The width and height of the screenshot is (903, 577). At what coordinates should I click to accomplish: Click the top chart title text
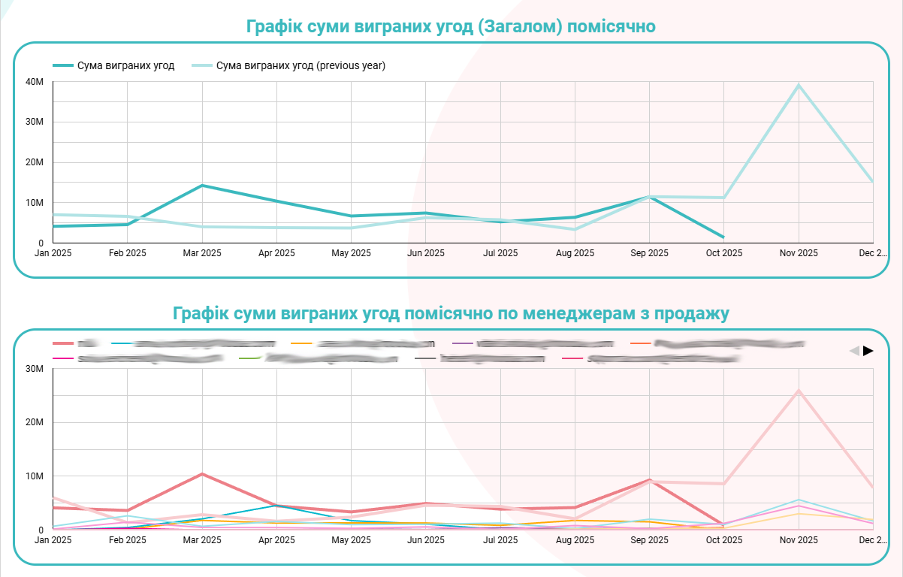[x=451, y=27]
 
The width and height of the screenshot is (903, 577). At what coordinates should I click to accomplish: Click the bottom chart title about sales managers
[x=451, y=313]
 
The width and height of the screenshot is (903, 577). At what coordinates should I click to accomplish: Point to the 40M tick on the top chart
[x=35, y=81]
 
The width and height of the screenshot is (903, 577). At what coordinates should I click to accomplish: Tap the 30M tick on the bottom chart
[x=35, y=369]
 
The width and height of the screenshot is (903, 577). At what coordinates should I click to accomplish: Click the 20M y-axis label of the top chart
[x=35, y=162]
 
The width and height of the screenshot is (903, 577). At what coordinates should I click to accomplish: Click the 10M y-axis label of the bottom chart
[x=35, y=476]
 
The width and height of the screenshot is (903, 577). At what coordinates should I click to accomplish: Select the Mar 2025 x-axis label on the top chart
[x=202, y=253]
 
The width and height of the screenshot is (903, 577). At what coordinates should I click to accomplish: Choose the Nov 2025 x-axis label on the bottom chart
[x=798, y=540]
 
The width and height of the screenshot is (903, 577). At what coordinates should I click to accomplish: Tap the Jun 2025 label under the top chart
[x=425, y=253]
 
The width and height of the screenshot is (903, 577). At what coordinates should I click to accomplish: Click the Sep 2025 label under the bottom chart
[x=649, y=540]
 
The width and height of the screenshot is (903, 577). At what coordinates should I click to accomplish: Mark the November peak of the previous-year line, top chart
[x=799, y=85]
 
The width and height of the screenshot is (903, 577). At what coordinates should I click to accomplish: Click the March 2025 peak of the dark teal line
[x=202, y=186]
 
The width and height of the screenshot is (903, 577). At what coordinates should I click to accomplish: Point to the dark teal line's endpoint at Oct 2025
[x=723, y=237]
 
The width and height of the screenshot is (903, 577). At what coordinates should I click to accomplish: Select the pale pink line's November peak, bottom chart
[x=799, y=391]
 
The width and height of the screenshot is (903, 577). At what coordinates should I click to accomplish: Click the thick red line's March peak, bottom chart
[x=202, y=474]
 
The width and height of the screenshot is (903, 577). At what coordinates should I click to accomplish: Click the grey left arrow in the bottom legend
[x=854, y=351]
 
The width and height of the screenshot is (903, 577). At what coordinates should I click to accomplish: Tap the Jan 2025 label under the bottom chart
[x=53, y=540]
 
